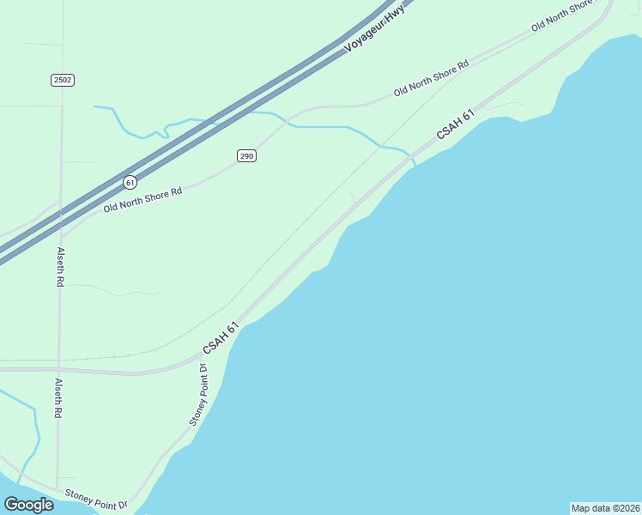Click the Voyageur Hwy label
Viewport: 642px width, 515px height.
[373, 30]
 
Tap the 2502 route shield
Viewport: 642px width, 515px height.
[62, 80]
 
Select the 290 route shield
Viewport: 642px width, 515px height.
[247, 155]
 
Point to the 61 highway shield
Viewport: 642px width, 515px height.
[130, 182]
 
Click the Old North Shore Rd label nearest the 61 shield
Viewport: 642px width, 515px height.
[143, 200]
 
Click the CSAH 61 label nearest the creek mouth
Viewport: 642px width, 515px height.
[455, 124]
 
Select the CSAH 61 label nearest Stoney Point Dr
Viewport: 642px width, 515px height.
[220, 336]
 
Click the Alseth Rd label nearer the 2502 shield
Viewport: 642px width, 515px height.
[60, 267]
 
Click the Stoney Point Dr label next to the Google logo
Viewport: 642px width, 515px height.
[96, 499]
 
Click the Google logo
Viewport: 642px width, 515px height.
[28, 505]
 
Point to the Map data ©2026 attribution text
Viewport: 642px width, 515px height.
[605, 507]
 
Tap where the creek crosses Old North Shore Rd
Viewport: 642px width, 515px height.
[289, 122]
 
